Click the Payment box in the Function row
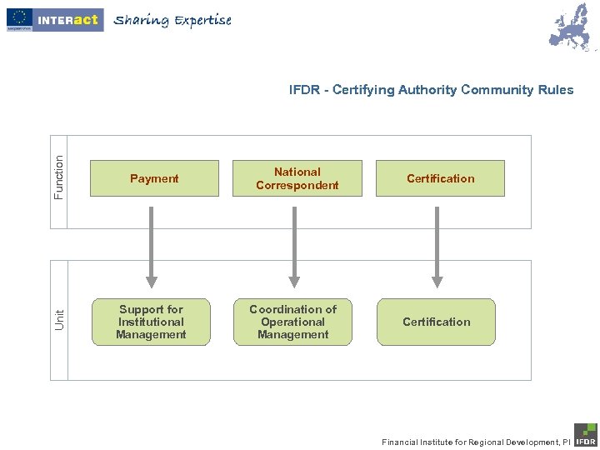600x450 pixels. click(154, 178)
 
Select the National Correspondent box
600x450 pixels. click(297, 178)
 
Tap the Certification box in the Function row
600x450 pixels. click(440, 178)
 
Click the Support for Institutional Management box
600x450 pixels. click(151, 322)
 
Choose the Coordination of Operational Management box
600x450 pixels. click(293, 322)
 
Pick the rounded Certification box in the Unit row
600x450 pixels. click(436, 322)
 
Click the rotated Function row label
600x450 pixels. click(58, 177)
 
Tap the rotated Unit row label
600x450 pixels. click(59, 318)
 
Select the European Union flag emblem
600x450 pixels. click(19, 17)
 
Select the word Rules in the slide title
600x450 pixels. click(555, 90)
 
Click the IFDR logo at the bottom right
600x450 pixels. click(585, 435)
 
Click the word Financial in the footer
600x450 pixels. click(402, 442)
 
